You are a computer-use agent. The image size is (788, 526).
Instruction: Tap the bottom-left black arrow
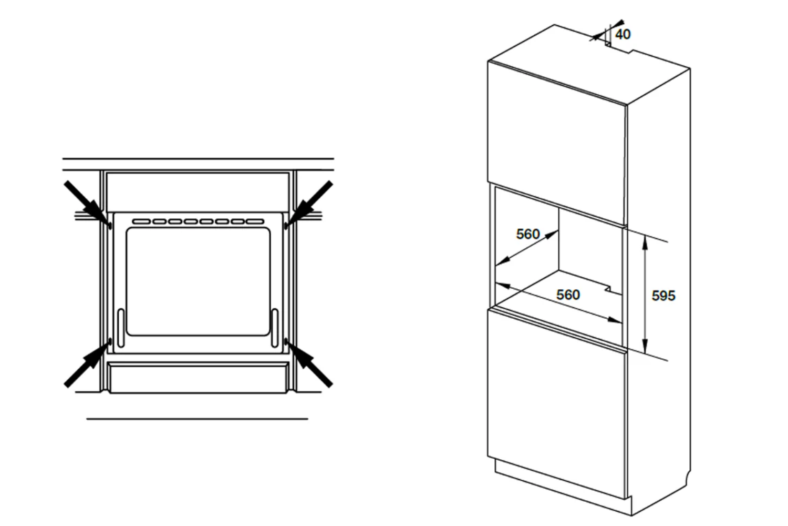pyautogui.click(x=87, y=365)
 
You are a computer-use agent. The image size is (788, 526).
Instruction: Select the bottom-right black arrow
pyautogui.click(x=309, y=365)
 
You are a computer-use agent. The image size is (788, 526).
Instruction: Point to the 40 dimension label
pyautogui.click(x=623, y=35)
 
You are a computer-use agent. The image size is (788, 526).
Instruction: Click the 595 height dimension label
pyautogui.click(x=663, y=296)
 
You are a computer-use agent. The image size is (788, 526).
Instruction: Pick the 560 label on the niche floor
pyautogui.click(x=568, y=295)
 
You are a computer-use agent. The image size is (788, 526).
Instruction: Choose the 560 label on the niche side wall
pyautogui.click(x=527, y=234)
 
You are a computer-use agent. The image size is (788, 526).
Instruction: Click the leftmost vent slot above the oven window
pyautogui.click(x=141, y=221)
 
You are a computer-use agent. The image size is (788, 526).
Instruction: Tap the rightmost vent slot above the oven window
pyautogui.click(x=255, y=221)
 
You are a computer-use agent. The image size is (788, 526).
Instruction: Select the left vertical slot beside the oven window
pyautogui.click(x=121, y=328)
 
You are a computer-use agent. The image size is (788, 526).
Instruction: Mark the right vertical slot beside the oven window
pyautogui.click(x=275, y=328)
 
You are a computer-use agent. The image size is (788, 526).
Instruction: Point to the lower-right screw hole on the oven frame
pyautogui.click(x=286, y=341)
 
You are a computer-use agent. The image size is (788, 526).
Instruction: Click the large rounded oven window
pyautogui.click(x=198, y=281)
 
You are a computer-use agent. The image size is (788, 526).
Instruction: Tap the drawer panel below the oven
pyautogui.click(x=198, y=378)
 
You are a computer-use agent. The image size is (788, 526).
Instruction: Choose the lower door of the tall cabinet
pyautogui.click(x=557, y=403)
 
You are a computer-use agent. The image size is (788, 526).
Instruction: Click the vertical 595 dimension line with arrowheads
pyautogui.click(x=645, y=295)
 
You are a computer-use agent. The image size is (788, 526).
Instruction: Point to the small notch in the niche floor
pyautogui.click(x=614, y=289)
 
